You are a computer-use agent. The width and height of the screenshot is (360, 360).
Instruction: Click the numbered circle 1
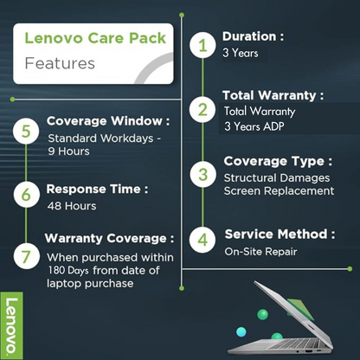point(203,45)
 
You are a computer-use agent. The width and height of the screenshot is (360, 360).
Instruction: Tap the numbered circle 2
point(203,110)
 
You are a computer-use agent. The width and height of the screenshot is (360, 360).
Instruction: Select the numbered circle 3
point(203,174)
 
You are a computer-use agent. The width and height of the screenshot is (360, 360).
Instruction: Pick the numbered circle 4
point(203,239)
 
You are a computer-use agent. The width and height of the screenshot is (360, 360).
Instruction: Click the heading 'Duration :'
point(254,36)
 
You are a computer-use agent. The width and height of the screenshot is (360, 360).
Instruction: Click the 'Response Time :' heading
point(97,189)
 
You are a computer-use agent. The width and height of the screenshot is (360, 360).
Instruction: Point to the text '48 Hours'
point(72,206)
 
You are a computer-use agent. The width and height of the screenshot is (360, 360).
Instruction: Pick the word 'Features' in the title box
point(60,63)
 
